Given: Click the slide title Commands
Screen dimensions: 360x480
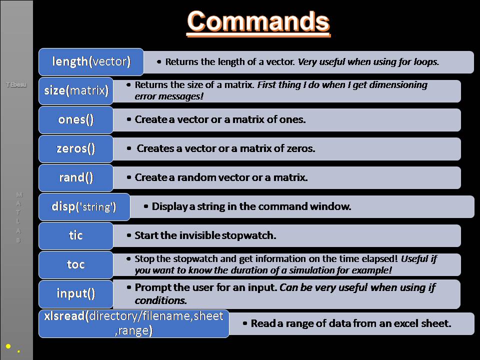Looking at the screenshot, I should pyautogui.click(x=258, y=22).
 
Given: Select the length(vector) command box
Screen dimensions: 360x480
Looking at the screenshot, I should pyautogui.click(x=91, y=61).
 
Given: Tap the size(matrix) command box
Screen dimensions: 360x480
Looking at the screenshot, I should pyautogui.click(x=76, y=90).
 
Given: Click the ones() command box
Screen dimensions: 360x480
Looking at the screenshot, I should pyautogui.click(x=76, y=120).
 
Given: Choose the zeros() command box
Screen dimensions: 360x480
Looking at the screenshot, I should pyautogui.click(x=76, y=148).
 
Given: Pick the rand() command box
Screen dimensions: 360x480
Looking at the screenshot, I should pyautogui.click(x=76, y=177).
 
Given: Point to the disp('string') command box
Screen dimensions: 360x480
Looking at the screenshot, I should pyautogui.click(x=84, y=206).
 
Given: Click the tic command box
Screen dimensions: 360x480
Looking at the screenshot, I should pyautogui.click(x=76, y=235).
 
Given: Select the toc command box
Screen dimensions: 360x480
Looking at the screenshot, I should pyautogui.click(x=76, y=264).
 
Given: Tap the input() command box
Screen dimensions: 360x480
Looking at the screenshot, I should pyautogui.click(x=76, y=293).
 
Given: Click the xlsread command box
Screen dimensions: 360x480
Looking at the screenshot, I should pyautogui.click(x=133, y=323).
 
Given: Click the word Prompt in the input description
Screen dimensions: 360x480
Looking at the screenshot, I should pyautogui.click(x=151, y=287).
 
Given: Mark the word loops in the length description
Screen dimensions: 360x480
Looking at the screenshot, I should pyautogui.click(x=425, y=62).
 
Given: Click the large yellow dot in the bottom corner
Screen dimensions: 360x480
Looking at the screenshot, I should pyautogui.click(x=8, y=346).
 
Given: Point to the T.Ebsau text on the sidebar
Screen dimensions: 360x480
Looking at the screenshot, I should pyautogui.click(x=16, y=85).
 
